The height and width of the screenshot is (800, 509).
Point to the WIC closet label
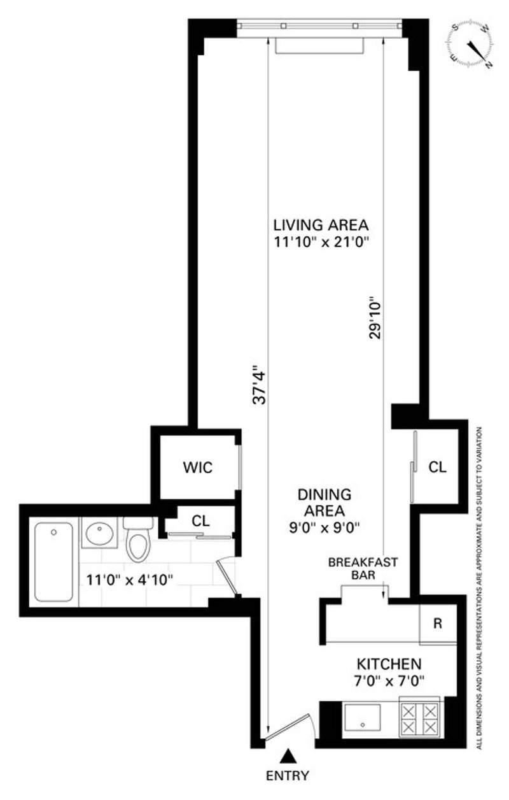point(197,468)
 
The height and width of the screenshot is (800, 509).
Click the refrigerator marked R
point(438,624)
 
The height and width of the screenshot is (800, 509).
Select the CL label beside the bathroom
point(200,521)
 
